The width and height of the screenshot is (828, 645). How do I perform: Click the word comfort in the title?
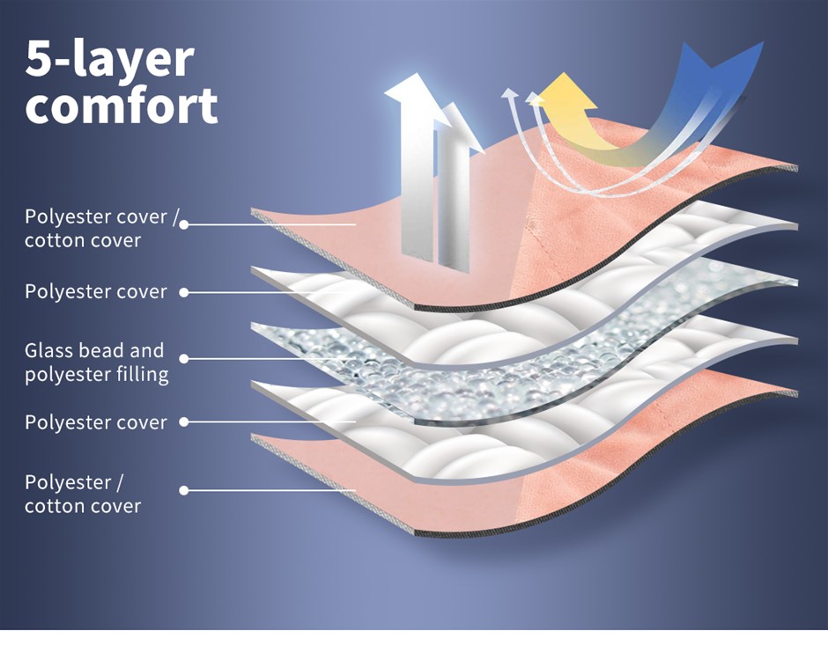click(121, 104)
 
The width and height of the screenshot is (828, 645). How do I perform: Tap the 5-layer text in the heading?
click(109, 58)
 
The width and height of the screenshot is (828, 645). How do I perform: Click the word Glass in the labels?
click(48, 350)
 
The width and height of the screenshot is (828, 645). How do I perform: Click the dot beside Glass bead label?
click(184, 359)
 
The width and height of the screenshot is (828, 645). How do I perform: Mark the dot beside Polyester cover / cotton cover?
click(184, 224)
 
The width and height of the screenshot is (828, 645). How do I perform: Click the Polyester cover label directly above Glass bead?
click(95, 291)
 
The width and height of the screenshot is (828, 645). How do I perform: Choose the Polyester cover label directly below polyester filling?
click(95, 422)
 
